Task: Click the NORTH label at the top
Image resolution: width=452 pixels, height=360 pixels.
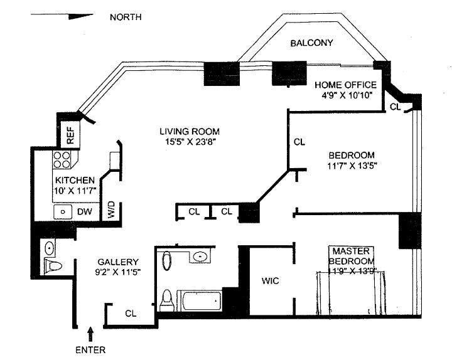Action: pyautogui.click(x=126, y=17)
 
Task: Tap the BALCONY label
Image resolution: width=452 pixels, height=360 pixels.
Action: pyautogui.click(x=311, y=43)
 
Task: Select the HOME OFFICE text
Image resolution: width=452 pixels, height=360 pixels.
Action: pyautogui.click(x=345, y=85)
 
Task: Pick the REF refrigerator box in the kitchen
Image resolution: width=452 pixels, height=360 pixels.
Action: pyautogui.click(x=70, y=134)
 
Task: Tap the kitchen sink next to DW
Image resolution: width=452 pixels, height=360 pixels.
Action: pyautogui.click(x=63, y=212)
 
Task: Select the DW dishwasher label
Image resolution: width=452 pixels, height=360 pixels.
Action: pyautogui.click(x=85, y=212)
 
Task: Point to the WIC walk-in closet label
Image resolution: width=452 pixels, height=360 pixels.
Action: pyautogui.click(x=271, y=281)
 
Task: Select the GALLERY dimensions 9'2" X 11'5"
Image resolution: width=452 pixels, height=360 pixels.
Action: pyautogui.click(x=117, y=272)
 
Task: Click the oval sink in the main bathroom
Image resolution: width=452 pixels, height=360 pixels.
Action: pyautogui.click(x=200, y=255)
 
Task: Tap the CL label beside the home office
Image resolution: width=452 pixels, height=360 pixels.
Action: pyautogui.click(x=394, y=107)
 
